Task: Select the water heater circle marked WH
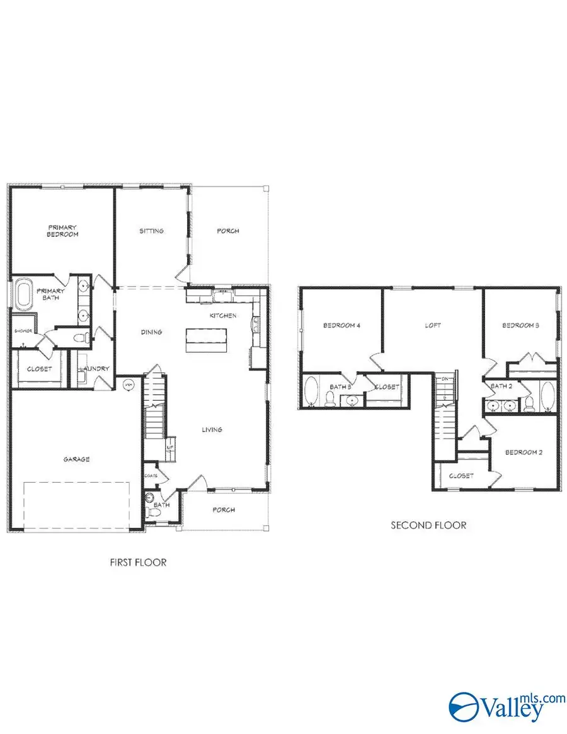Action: click(x=129, y=383)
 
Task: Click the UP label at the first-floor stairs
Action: click(x=169, y=447)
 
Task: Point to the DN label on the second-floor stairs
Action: click(x=445, y=379)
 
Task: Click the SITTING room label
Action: click(x=151, y=231)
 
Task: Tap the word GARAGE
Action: click(x=76, y=459)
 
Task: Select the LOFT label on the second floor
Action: click(x=433, y=326)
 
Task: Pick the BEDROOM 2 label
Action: click(x=524, y=452)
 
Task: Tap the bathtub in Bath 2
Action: click(x=547, y=397)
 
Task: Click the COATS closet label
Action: click(x=150, y=475)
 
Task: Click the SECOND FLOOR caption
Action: click(x=428, y=525)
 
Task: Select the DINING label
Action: click(x=151, y=332)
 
